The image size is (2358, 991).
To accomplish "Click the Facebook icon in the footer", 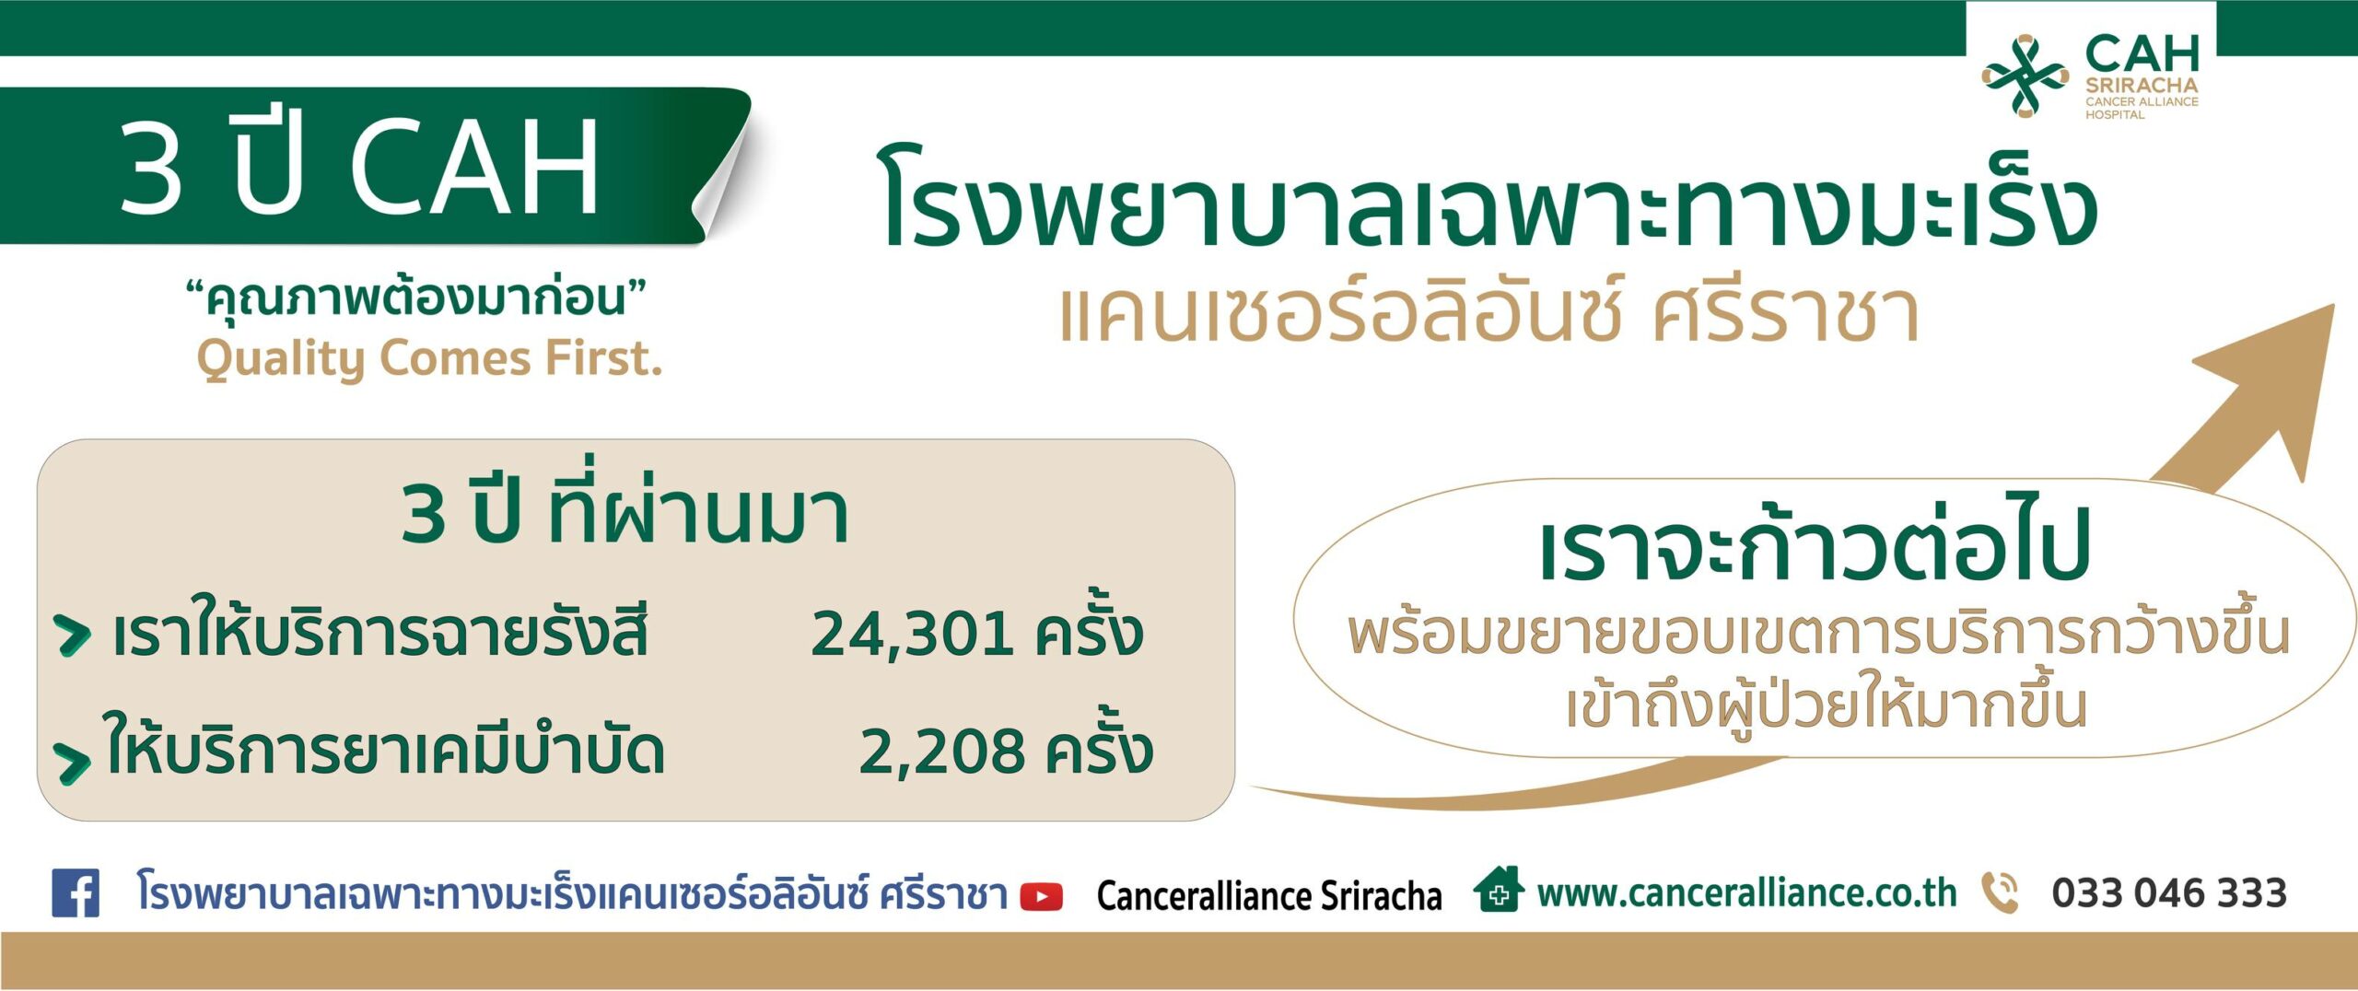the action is pyautogui.click(x=76, y=892).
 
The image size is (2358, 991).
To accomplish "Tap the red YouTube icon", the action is pyautogui.click(x=1042, y=896).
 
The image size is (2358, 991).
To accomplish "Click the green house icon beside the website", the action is pyautogui.click(x=1499, y=889).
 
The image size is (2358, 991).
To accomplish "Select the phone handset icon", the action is pyautogui.click(x=2000, y=892).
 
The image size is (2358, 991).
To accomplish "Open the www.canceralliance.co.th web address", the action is pyautogui.click(x=1746, y=893).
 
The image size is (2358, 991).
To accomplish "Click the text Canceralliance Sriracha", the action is pyautogui.click(x=1269, y=895).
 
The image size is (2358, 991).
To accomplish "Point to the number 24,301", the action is pyautogui.click(x=911, y=634).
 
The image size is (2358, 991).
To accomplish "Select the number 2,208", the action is pyautogui.click(x=941, y=752).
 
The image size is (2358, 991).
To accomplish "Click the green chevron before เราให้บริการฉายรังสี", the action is pyautogui.click(x=73, y=635).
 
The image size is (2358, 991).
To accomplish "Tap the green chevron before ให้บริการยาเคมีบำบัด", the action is pyautogui.click(x=72, y=762).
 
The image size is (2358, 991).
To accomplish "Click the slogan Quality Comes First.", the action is pyautogui.click(x=429, y=358).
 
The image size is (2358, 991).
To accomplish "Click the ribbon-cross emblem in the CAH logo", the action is pyautogui.click(x=2025, y=76).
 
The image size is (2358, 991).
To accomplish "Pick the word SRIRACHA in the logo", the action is pyautogui.click(x=2142, y=85).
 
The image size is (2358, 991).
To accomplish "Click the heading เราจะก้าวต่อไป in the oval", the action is pyautogui.click(x=1815, y=544).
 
